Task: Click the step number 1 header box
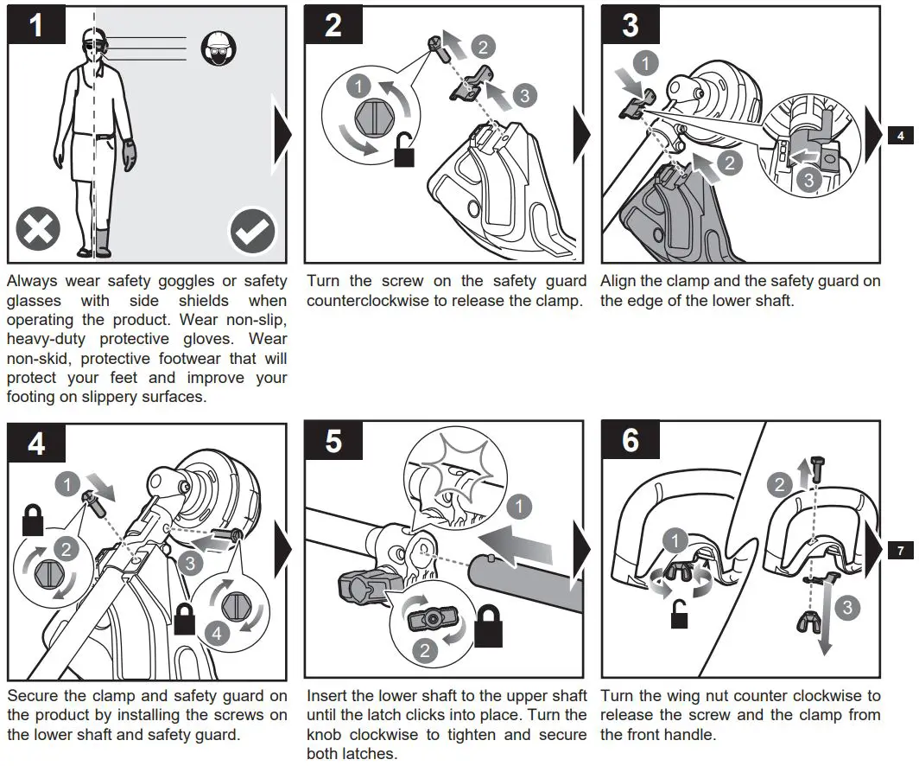tap(36, 26)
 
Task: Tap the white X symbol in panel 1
tap(39, 231)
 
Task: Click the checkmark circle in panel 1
tap(252, 232)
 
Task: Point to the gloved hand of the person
tap(130, 156)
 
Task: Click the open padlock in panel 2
tap(403, 154)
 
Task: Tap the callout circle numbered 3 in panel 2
tap(524, 95)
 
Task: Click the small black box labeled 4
tap(901, 136)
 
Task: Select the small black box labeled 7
tap(901, 551)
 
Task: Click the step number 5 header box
tap(333, 442)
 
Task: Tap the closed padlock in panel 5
tap(487, 629)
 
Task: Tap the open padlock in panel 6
tap(679, 616)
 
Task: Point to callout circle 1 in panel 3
tap(645, 62)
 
